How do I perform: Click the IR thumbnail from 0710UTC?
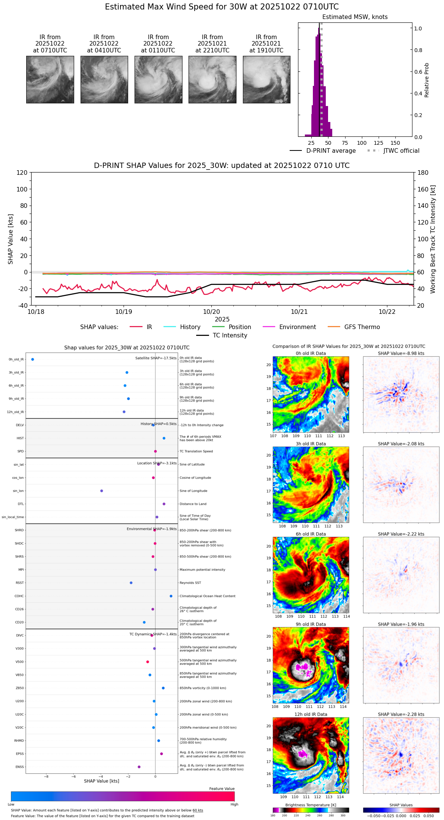tap(50, 79)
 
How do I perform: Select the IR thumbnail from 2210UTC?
tap(212, 79)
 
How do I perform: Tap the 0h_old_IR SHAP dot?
tap(33, 359)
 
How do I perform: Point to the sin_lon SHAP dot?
tap(101, 491)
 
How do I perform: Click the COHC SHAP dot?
tap(171, 596)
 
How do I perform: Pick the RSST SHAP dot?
tap(131, 583)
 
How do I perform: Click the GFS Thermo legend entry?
tap(362, 327)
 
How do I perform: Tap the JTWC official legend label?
tap(401, 151)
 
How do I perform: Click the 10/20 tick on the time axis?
tap(211, 312)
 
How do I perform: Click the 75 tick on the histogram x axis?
tap(345, 143)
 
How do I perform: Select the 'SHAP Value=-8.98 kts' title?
tap(401, 353)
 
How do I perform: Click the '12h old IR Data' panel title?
tap(311, 714)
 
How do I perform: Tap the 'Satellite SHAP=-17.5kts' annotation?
tap(156, 358)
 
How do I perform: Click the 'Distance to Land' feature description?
tap(193, 504)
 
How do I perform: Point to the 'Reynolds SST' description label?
tap(190, 583)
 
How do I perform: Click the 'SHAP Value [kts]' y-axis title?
tap(11, 239)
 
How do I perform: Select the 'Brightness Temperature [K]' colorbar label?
tap(311, 805)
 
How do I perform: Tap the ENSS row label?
tap(19, 767)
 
